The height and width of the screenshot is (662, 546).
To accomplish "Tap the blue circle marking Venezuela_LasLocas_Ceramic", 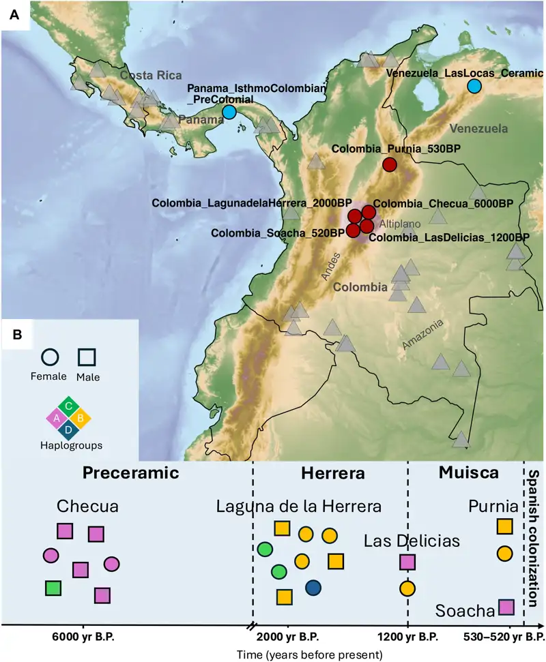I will click(x=474, y=86).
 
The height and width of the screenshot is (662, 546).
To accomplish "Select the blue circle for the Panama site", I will click(x=229, y=112).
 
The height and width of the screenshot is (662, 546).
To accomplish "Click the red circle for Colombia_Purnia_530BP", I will click(x=390, y=164).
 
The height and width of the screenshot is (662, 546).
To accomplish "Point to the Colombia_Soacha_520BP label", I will click(x=278, y=233).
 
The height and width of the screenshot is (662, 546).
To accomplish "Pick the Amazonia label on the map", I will click(x=422, y=335).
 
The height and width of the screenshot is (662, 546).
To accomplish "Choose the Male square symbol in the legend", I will click(x=87, y=357).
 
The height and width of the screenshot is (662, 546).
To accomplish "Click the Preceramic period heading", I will click(x=130, y=472).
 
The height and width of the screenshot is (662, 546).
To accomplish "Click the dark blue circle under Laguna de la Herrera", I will click(x=313, y=588).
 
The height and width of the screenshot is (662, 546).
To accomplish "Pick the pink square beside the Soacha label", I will click(x=506, y=607).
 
